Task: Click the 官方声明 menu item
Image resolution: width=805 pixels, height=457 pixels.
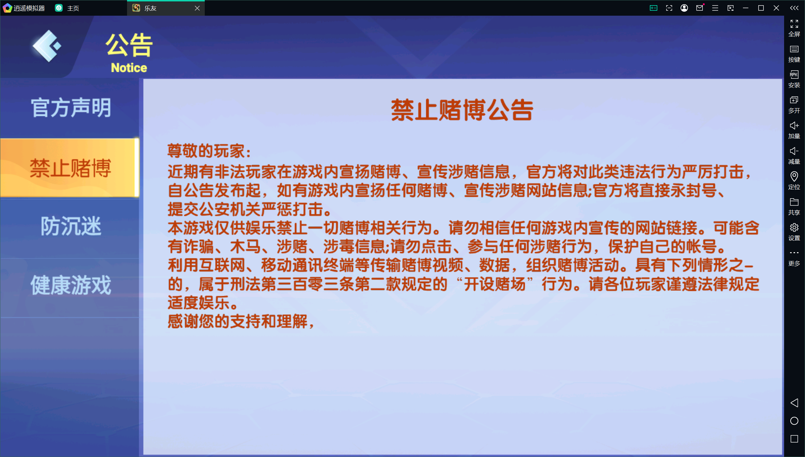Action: click(71, 108)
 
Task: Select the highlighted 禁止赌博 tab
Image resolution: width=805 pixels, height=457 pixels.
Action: click(70, 168)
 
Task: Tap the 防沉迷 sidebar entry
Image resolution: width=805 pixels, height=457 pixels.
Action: click(71, 226)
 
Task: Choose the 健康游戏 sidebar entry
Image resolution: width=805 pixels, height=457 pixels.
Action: click(71, 285)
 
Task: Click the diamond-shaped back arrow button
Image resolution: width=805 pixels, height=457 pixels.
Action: click(47, 46)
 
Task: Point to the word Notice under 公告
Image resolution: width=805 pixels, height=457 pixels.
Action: click(129, 68)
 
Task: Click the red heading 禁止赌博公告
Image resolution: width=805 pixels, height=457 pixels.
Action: click(462, 110)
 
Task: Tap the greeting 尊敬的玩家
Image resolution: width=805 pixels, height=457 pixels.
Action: click(209, 151)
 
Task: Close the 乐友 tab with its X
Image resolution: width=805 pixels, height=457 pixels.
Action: click(197, 8)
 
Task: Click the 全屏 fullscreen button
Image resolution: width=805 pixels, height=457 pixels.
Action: click(794, 28)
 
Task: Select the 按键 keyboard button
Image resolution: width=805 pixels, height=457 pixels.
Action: click(794, 53)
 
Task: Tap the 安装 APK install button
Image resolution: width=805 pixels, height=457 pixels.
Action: click(794, 79)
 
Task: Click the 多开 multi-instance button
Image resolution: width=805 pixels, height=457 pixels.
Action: click(794, 104)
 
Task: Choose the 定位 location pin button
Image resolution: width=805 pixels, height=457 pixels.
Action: click(794, 181)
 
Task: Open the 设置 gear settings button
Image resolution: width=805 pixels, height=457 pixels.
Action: click(794, 232)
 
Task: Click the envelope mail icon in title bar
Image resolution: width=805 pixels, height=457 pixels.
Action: click(700, 8)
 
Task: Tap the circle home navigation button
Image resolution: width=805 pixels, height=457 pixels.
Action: click(794, 421)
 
